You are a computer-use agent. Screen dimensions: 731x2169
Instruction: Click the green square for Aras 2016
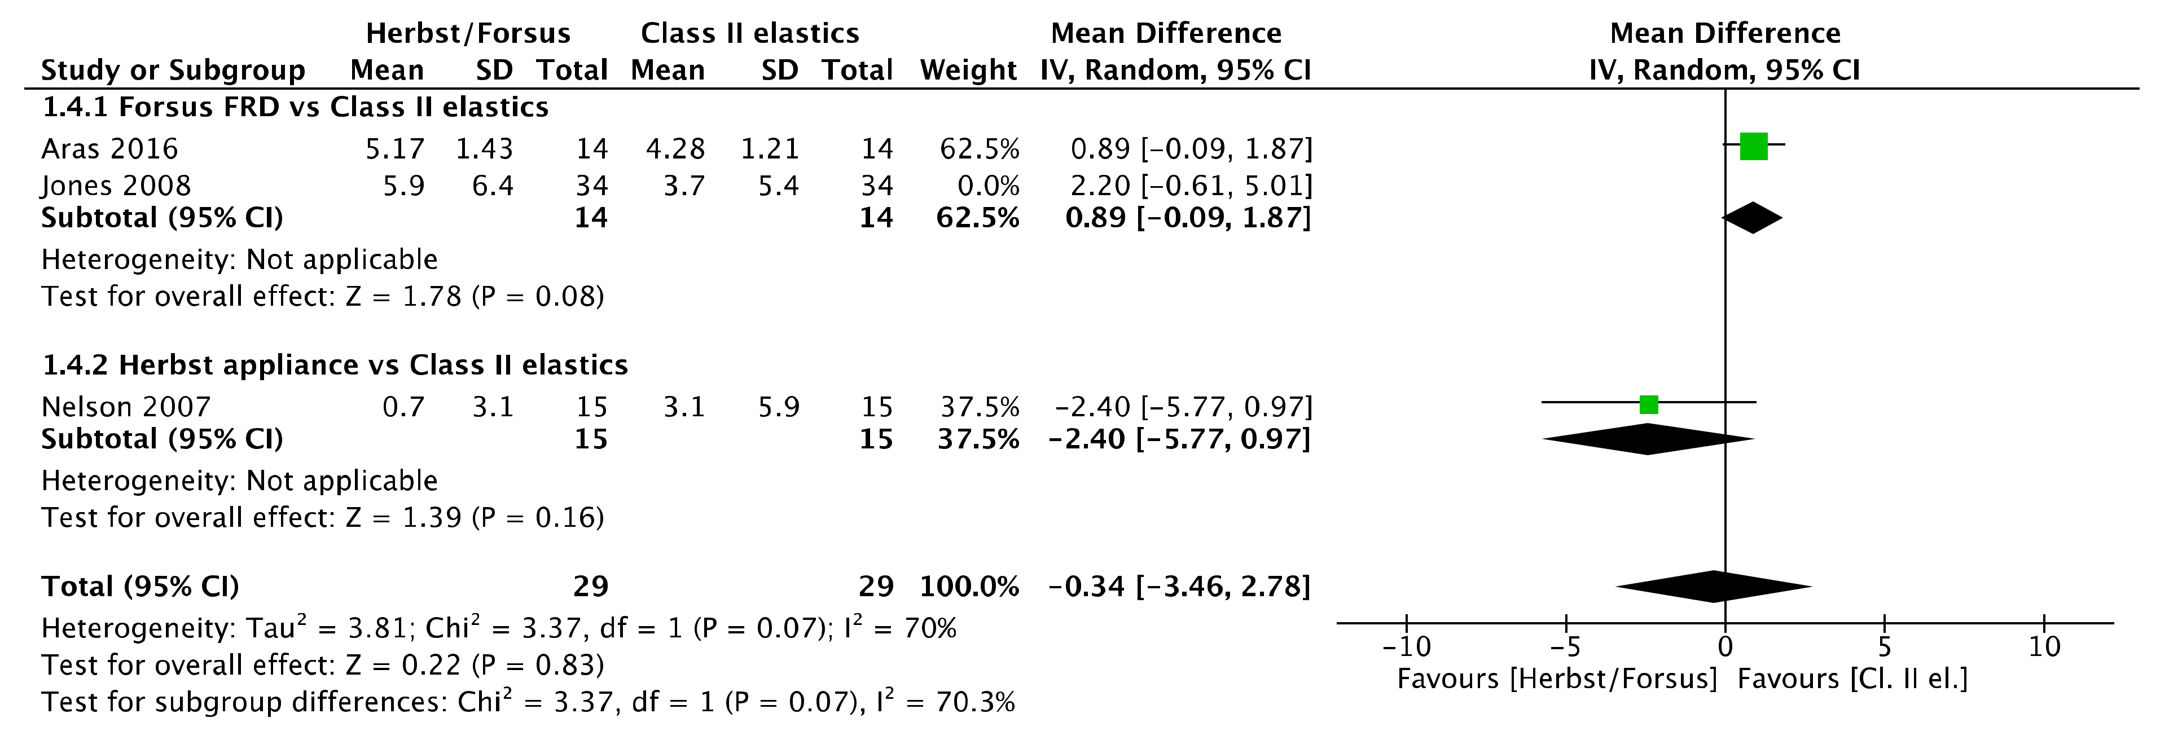click(1753, 147)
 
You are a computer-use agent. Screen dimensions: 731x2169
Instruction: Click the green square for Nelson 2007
click(1649, 405)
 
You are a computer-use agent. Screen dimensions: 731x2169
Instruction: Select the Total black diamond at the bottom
click(1714, 586)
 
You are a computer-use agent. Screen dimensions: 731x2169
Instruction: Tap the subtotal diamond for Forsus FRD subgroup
click(1752, 218)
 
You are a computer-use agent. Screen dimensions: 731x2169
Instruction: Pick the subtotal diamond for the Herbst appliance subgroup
click(1648, 439)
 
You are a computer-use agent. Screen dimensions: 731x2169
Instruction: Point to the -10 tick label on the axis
click(1406, 647)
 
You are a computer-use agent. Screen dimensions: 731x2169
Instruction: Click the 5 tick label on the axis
click(1885, 647)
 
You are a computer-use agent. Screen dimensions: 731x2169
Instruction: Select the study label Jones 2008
click(116, 185)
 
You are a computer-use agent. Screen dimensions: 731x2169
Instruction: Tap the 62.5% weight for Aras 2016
click(979, 149)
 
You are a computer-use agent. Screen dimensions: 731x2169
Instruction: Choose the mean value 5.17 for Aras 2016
click(395, 149)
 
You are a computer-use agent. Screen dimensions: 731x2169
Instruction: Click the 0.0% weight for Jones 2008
click(989, 185)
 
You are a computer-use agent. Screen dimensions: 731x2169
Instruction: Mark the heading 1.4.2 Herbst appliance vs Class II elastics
click(335, 365)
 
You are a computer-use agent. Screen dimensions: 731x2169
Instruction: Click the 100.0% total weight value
click(969, 586)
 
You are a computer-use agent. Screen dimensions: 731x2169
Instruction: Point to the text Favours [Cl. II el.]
click(1852, 679)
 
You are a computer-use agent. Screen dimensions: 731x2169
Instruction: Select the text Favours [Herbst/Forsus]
click(1556, 679)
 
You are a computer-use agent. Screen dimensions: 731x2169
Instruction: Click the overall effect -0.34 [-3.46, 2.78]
click(1179, 586)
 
